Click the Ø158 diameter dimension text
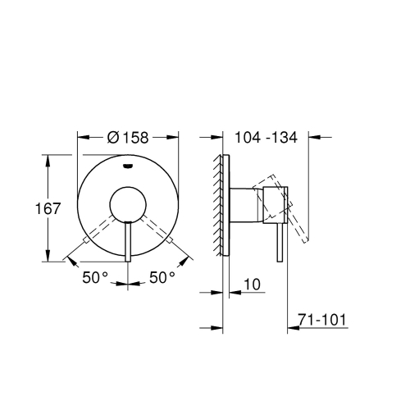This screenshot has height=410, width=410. [x=128, y=138]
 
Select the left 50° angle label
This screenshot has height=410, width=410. [x=94, y=278]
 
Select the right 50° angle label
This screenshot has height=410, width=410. [x=162, y=278]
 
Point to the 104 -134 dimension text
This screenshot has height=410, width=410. [x=267, y=138]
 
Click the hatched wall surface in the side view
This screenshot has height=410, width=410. [x=218, y=205]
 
